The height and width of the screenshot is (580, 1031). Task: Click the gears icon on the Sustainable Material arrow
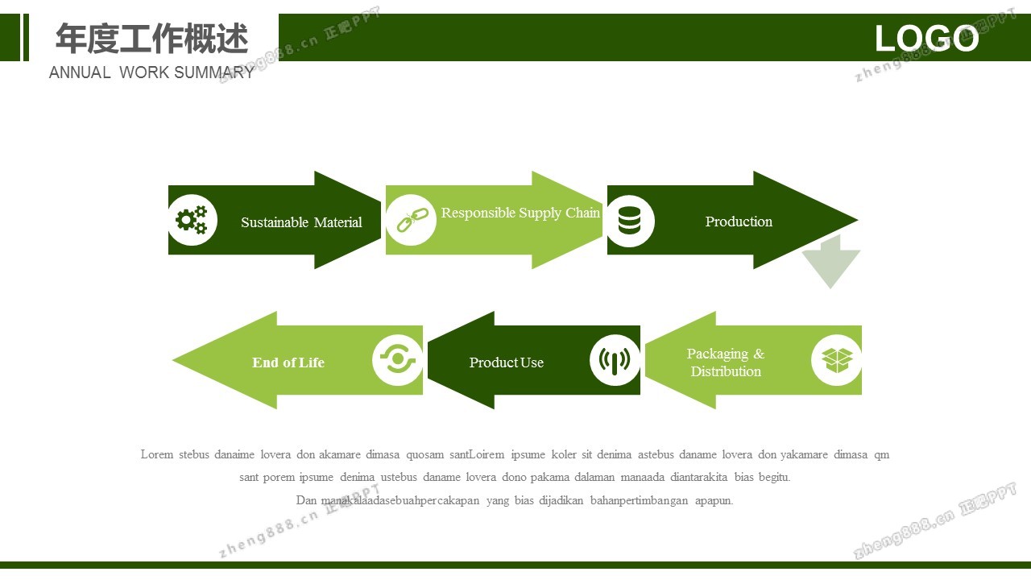pyautogui.click(x=192, y=220)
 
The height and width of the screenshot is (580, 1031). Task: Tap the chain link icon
pyautogui.click(x=411, y=220)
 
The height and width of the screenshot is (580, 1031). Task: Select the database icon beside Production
pyautogui.click(x=629, y=220)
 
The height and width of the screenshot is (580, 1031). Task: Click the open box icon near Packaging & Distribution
pyautogui.click(x=837, y=359)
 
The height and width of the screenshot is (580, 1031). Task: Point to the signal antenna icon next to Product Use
pyautogui.click(x=615, y=360)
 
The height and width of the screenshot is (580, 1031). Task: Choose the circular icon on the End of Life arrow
pyautogui.click(x=397, y=360)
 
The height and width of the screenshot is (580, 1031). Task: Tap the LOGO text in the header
pyautogui.click(x=926, y=38)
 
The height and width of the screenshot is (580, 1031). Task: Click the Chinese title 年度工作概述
pyautogui.click(x=152, y=38)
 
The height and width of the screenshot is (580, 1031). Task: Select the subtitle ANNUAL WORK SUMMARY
pyautogui.click(x=151, y=72)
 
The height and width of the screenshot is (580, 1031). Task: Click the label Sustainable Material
pyautogui.click(x=301, y=222)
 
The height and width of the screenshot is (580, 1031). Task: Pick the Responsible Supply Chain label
pyautogui.click(x=520, y=213)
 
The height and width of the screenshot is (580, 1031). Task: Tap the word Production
pyautogui.click(x=739, y=222)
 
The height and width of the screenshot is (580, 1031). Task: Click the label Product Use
pyautogui.click(x=507, y=362)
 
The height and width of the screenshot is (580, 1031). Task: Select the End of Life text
pyautogui.click(x=288, y=362)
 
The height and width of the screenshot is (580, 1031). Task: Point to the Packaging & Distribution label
pyautogui.click(x=726, y=362)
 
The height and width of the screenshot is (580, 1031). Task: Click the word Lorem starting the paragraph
pyautogui.click(x=156, y=454)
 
